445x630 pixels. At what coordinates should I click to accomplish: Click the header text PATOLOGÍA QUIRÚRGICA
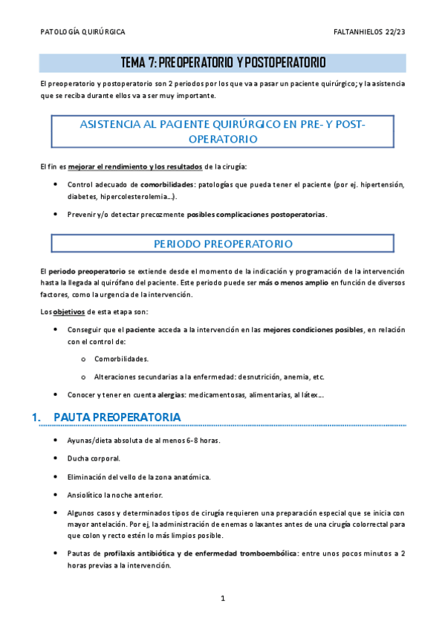coord(82,33)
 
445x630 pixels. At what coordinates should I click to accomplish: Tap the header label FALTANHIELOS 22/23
coord(370,33)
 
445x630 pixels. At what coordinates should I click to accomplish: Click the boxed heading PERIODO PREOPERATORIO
coord(223,244)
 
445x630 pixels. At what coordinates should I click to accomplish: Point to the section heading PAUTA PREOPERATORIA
coord(117,418)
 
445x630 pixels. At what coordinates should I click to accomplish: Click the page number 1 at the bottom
coord(223,598)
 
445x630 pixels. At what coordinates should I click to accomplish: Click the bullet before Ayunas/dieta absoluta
coord(56,441)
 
